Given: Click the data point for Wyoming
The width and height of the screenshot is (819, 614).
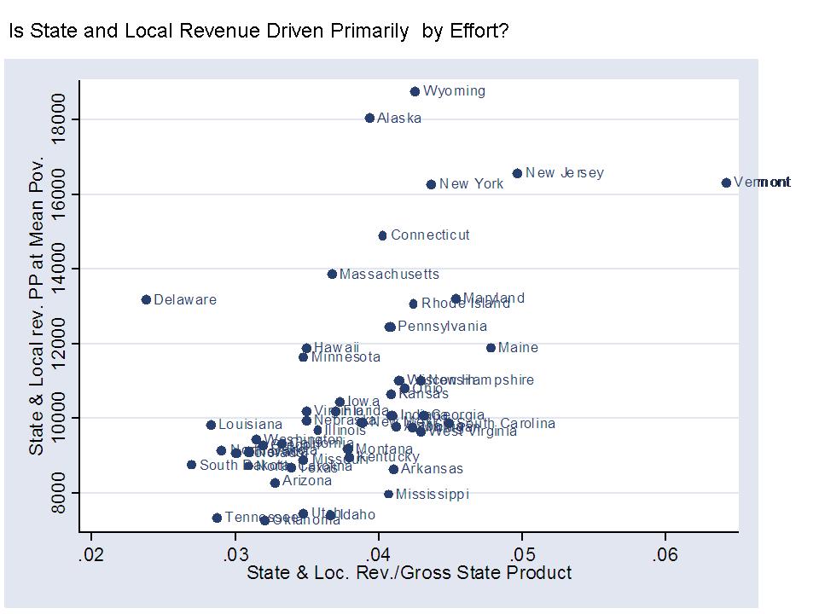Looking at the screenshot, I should (x=415, y=91).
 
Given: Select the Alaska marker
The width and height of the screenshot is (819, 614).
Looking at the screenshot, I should (x=369, y=119).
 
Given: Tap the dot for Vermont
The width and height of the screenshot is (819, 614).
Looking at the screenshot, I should (x=726, y=182).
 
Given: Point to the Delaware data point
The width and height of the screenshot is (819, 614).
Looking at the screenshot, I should (x=146, y=299).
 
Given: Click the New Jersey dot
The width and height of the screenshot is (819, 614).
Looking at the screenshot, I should (x=517, y=173).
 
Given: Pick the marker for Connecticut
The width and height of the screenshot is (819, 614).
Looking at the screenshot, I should (x=382, y=235).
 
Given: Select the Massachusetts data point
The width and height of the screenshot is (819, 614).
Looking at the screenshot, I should (x=332, y=274).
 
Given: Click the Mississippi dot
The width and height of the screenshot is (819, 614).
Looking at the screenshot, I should (x=388, y=494).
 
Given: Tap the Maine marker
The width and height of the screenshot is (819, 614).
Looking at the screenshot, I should (x=491, y=348).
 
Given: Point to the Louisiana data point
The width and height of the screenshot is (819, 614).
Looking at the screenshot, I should (x=211, y=425).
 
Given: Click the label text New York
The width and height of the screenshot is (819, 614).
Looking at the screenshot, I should (x=472, y=184).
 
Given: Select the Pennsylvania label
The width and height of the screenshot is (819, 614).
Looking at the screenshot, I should (x=442, y=327).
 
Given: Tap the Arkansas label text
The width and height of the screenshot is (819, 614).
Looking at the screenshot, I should (x=432, y=469).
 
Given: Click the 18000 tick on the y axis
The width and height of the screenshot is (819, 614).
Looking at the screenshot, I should (x=60, y=119).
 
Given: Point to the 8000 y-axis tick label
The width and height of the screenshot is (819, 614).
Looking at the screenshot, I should (x=60, y=493).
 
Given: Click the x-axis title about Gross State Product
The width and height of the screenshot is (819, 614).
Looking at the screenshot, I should (x=409, y=573).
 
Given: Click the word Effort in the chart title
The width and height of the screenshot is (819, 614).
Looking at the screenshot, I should (x=482, y=32).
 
